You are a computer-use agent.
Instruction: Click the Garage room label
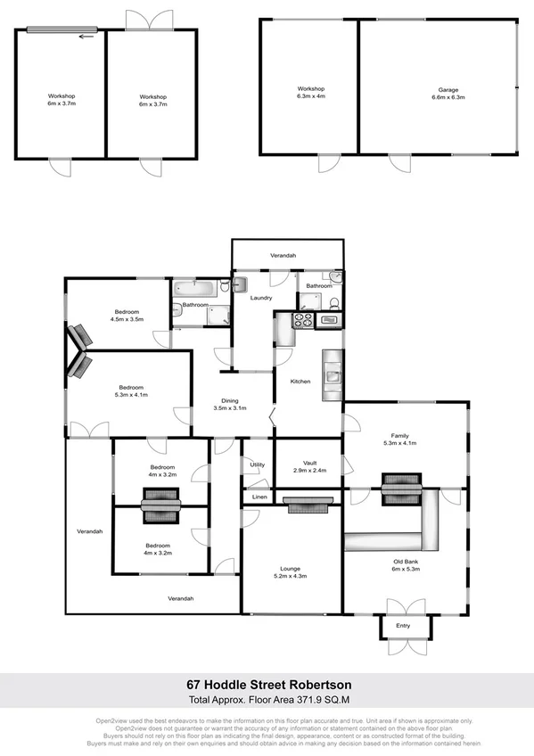click(438, 89)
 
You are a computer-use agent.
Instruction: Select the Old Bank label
click(406, 560)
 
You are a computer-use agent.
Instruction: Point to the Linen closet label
click(259, 496)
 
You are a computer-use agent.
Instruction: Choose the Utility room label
click(258, 464)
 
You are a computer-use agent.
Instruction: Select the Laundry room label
click(260, 298)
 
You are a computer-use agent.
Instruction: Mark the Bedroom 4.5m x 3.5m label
click(127, 314)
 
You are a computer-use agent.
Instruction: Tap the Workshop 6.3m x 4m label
click(310, 93)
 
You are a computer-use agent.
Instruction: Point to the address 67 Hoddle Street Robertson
click(267, 685)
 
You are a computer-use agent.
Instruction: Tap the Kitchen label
click(300, 381)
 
